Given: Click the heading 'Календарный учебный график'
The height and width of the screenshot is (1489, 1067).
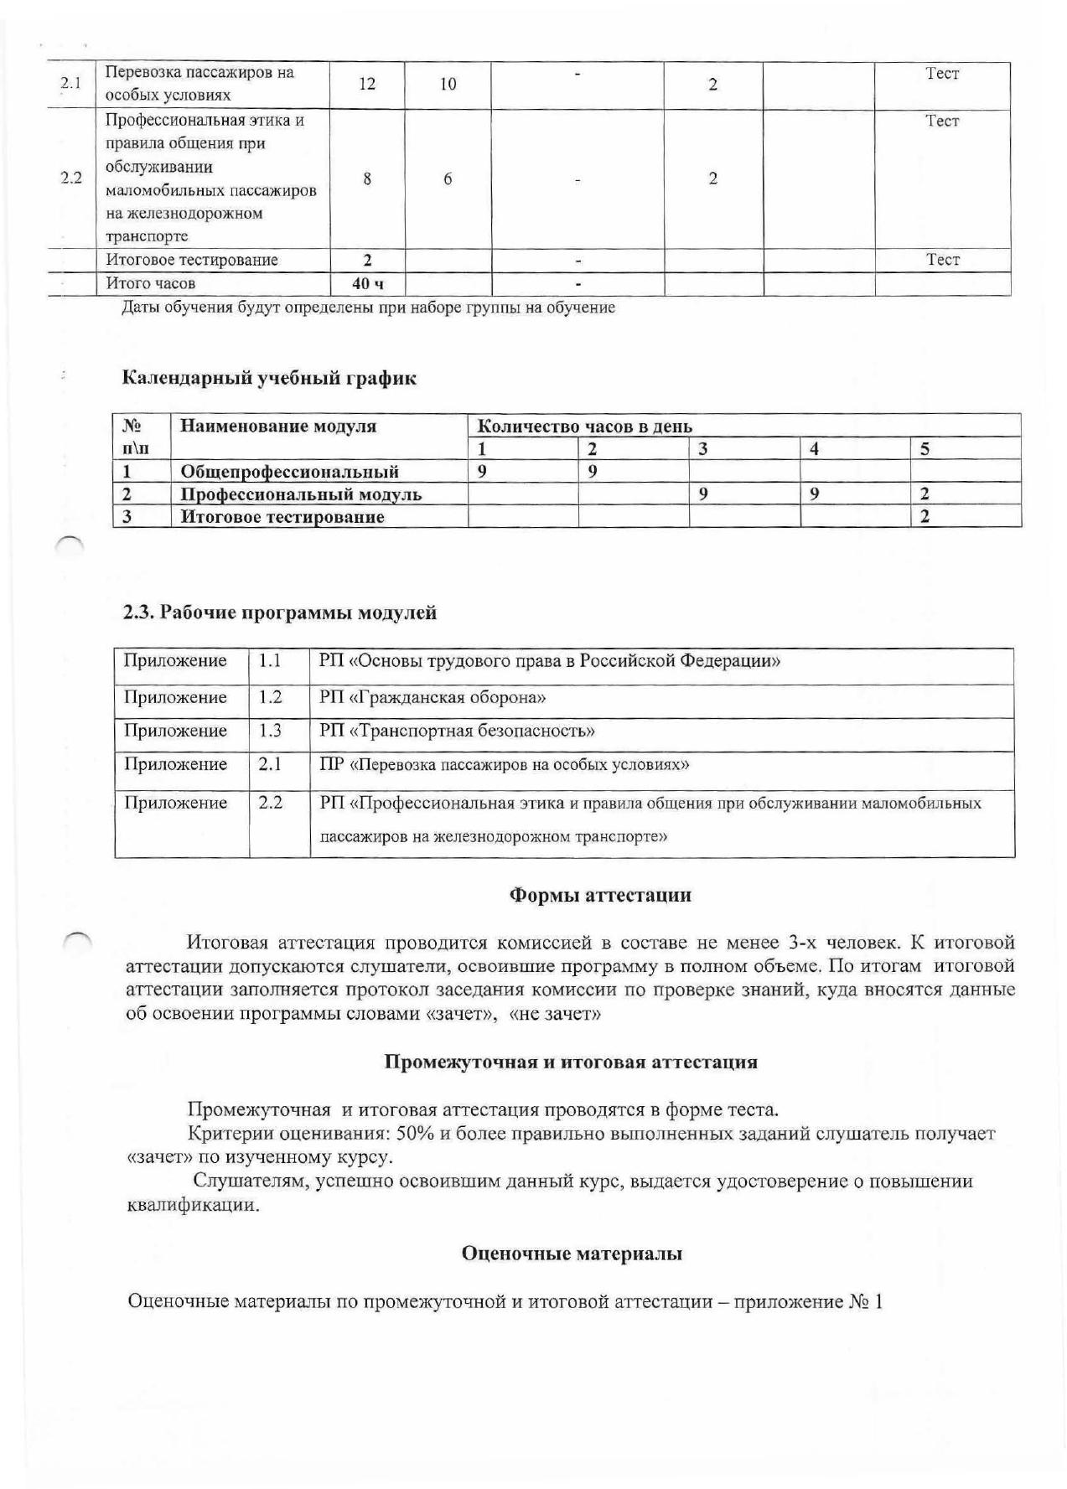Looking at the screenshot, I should (269, 378).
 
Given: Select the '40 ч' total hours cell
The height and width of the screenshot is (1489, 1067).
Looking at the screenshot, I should (367, 284).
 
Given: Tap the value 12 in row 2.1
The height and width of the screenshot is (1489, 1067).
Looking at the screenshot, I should (366, 85).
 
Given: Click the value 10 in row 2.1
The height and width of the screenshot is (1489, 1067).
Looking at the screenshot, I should (448, 85).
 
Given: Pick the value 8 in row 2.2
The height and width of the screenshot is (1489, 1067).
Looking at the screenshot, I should (367, 178).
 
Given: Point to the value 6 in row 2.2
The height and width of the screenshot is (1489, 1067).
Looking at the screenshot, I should (448, 178).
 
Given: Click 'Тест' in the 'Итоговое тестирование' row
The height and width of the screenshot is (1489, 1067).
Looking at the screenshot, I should (942, 260).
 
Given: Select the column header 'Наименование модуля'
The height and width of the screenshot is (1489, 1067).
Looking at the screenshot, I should (278, 427).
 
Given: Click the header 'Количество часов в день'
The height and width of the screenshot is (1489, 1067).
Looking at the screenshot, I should (584, 427).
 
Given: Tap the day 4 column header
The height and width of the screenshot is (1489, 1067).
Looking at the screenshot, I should (814, 449).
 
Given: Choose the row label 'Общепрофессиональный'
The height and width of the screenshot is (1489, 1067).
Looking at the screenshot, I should (289, 472).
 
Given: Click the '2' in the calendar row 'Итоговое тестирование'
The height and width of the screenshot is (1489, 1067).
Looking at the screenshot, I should (925, 517).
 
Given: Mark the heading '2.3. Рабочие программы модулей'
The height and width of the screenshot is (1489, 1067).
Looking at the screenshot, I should (280, 613).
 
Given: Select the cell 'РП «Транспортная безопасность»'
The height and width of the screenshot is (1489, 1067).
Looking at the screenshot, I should (457, 731).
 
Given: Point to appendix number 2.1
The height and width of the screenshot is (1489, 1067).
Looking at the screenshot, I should (270, 764).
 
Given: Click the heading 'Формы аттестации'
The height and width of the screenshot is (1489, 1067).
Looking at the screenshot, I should (600, 895).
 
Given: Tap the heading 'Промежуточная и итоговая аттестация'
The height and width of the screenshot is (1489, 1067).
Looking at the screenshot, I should (571, 1062).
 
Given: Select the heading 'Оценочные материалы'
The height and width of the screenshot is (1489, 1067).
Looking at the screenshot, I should (572, 1254).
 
